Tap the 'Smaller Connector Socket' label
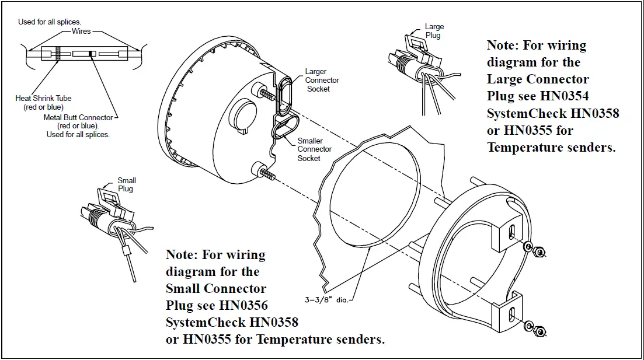[x=314, y=149]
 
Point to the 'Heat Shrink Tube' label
[x=43, y=103]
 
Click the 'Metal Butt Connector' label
[x=78, y=122]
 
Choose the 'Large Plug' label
[x=434, y=31]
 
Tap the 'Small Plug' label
[x=126, y=184]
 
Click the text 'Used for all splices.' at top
[x=50, y=22]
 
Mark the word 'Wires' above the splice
[x=82, y=31]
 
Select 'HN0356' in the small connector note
[x=243, y=305]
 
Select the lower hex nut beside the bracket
[x=535, y=329]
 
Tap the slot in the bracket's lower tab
[x=511, y=313]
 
